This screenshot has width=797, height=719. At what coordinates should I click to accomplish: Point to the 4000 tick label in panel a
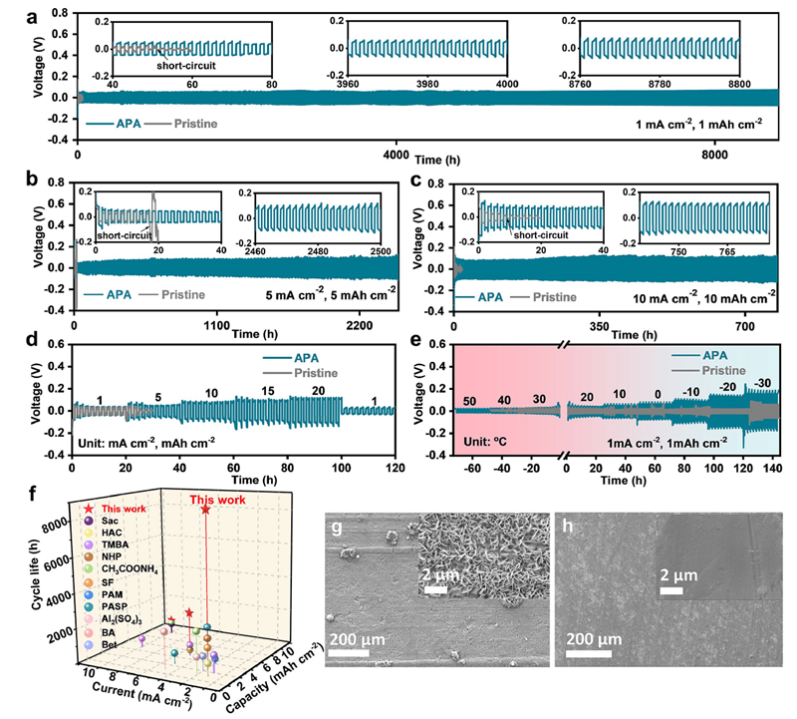tap(398, 155)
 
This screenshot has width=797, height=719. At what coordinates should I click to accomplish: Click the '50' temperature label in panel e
tap(473, 400)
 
